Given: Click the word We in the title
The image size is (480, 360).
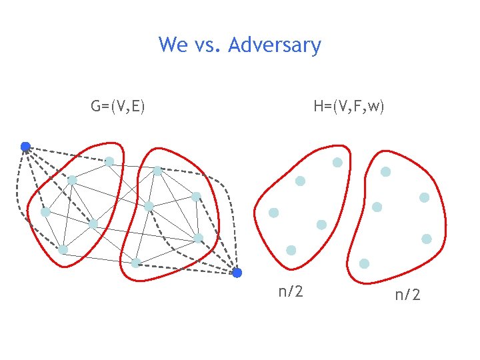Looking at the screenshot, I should point(173,45).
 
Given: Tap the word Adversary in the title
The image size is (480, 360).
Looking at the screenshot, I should point(274,46).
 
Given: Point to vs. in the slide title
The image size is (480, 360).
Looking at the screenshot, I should point(207,46).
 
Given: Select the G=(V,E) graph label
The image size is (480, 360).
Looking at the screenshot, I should point(119,106).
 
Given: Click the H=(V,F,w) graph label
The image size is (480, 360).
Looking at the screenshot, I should point(349,106).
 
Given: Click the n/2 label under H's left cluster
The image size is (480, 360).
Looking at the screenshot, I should point(291,291).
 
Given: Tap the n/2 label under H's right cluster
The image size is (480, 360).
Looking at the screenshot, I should point(407,294).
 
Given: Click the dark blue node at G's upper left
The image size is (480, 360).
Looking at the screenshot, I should point(25,147).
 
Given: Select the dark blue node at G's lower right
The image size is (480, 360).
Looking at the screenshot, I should point(237,273).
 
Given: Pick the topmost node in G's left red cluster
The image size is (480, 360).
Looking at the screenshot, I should point(109,161).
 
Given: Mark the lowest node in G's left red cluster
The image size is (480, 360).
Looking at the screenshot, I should point(63,249).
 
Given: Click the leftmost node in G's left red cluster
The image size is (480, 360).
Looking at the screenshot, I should point(45,212).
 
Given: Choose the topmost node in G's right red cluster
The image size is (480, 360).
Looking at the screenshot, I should point(157,171).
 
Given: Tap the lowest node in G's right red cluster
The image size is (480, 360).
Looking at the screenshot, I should point(135,263).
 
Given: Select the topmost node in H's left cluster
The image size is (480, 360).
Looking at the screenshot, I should point(337,162).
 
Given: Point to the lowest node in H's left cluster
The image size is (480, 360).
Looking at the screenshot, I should point(291,250).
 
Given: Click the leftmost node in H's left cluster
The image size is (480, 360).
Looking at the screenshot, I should point(273,213).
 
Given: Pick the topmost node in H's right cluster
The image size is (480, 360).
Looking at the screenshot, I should point(385,171).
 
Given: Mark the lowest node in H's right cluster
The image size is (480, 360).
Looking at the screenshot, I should point(364,263).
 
